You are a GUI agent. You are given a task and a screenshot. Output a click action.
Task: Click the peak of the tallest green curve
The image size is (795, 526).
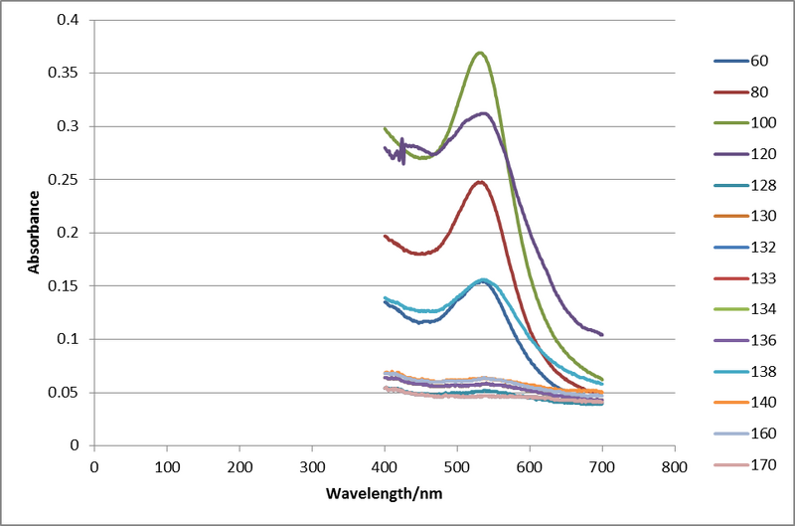(x=481, y=53)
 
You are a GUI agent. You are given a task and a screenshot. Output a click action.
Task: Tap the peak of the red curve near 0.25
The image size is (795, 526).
(x=480, y=182)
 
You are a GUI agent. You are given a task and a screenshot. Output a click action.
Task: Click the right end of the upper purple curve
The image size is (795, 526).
(x=601, y=334)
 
